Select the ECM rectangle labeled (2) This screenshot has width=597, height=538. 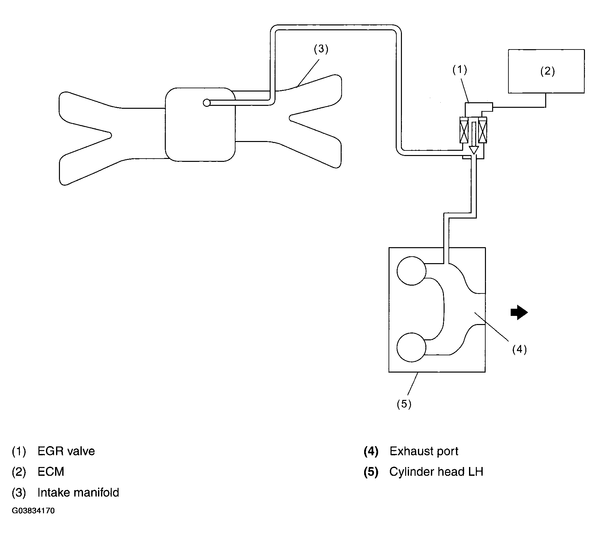pyautogui.click(x=546, y=71)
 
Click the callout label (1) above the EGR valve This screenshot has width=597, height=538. pyautogui.click(x=460, y=69)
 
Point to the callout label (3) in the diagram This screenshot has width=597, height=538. pyautogui.click(x=321, y=49)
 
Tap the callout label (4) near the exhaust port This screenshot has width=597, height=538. pyautogui.click(x=519, y=349)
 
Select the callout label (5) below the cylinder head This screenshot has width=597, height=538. pyautogui.click(x=404, y=404)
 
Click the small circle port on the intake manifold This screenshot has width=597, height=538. pyautogui.click(x=206, y=103)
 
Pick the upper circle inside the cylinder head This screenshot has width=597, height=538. pyautogui.click(x=411, y=271)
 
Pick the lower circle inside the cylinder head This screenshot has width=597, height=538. pyautogui.click(x=411, y=347)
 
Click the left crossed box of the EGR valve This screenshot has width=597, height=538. pyautogui.click(x=464, y=130)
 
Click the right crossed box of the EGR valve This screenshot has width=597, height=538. pyautogui.click(x=482, y=130)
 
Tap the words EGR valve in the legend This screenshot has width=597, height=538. pyautogui.click(x=66, y=451)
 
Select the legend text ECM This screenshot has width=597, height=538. pyautogui.click(x=51, y=472)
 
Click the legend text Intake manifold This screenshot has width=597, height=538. pyautogui.click(x=78, y=492)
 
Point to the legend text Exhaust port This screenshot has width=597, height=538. pyautogui.click(x=424, y=451)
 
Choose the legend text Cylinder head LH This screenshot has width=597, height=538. pyautogui.click(x=436, y=472)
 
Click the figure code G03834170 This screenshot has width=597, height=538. pyautogui.click(x=33, y=511)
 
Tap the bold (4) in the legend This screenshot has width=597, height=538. pyautogui.click(x=371, y=451)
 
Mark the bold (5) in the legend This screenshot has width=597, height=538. pyautogui.click(x=371, y=472)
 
